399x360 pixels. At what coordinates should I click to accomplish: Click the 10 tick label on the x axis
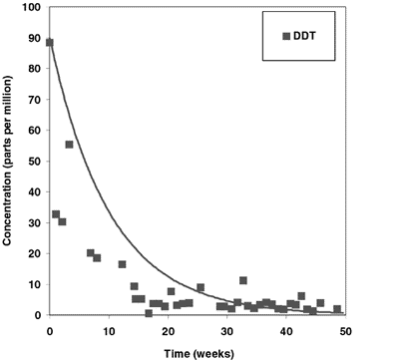click(x=108, y=330)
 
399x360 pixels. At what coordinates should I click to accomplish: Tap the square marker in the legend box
click(x=286, y=36)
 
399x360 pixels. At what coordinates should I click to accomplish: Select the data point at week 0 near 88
click(x=50, y=43)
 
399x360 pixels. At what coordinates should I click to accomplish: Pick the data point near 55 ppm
click(x=69, y=145)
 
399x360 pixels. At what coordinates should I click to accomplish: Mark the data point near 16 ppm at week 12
click(x=122, y=264)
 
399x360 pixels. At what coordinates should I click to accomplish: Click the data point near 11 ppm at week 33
click(x=243, y=280)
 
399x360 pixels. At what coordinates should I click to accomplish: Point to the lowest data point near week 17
click(x=149, y=313)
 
